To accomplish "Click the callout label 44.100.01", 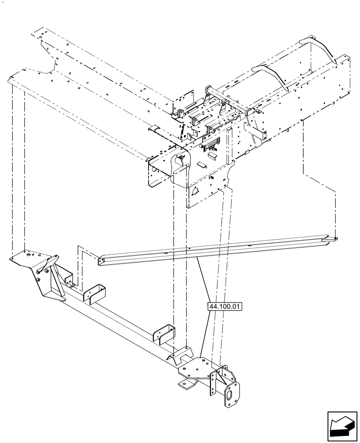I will pyautogui.click(x=224, y=306).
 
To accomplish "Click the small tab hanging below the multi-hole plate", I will pyautogui.click(x=187, y=384).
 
